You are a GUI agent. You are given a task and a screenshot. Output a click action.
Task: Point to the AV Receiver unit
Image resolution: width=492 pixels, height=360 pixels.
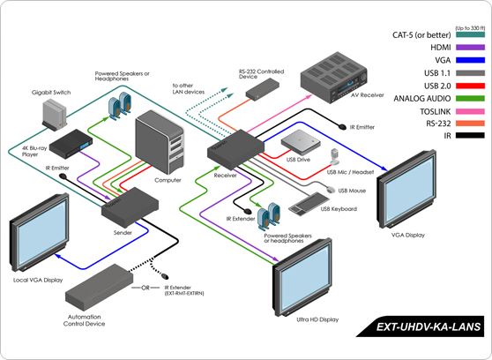(336, 78)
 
